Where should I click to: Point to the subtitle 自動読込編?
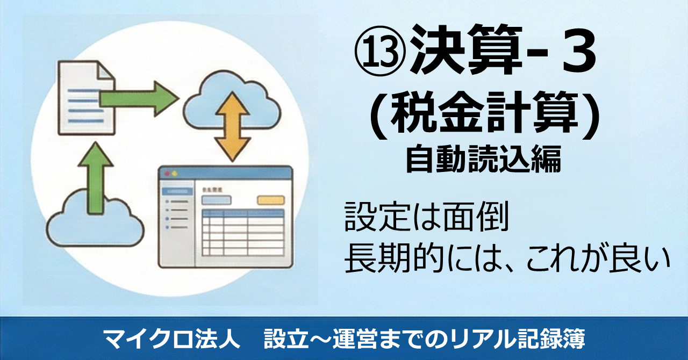click(484, 160)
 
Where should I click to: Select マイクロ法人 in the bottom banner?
click(171, 339)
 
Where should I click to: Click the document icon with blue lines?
click(87, 98)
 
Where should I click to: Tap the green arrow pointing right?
click(138, 99)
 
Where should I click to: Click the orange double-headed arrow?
click(232, 127)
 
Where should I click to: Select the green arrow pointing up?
click(96, 178)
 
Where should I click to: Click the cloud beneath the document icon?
click(95, 219)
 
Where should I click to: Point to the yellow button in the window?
click(270, 200)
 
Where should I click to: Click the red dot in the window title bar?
click(167, 174)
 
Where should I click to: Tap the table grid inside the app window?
click(242, 233)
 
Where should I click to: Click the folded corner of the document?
click(106, 70)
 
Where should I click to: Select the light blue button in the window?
click(216, 200)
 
